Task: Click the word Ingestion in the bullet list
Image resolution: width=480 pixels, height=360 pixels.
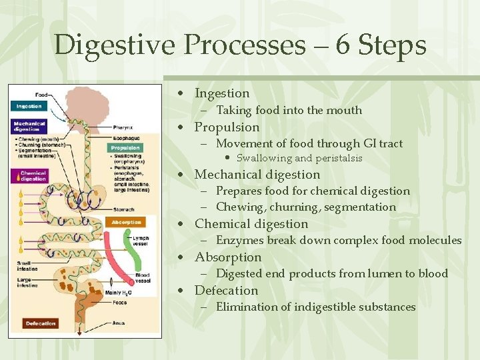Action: (x=221, y=93)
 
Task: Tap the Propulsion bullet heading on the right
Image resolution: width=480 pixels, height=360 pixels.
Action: (x=227, y=127)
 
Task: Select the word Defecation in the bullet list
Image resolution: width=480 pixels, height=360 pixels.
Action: (x=226, y=290)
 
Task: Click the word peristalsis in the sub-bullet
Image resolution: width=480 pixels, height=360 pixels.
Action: (x=338, y=158)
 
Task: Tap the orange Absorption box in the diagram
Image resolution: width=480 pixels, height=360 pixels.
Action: (x=127, y=222)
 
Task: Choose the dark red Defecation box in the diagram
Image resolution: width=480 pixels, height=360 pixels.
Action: (x=41, y=323)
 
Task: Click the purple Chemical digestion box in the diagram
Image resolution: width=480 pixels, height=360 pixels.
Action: (x=31, y=176)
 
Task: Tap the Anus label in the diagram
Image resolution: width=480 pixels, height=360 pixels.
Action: (x=119, y=323)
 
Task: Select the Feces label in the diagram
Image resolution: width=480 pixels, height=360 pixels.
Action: (x=119, y=302)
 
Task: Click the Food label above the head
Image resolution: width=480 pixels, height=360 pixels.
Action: (x=42, y=95)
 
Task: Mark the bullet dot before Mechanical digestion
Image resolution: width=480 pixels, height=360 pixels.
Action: (x=179, y=175)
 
